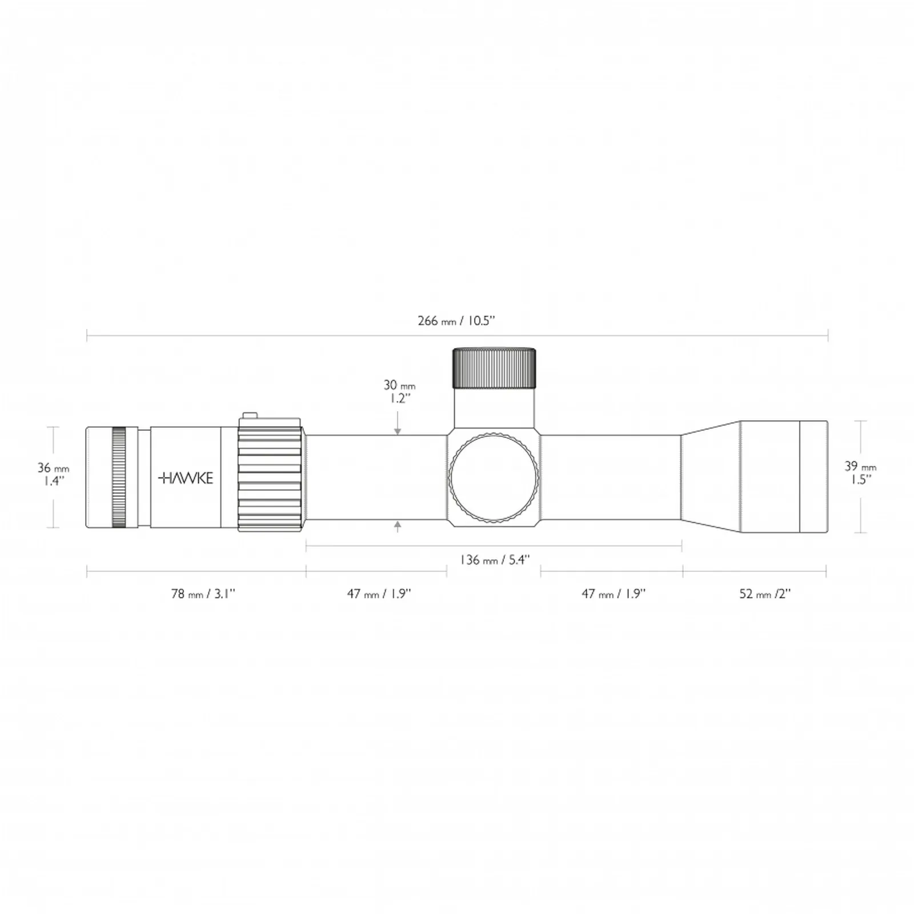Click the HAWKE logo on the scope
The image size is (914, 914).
coord(186,478)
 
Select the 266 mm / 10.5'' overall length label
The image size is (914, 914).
coord(456,320)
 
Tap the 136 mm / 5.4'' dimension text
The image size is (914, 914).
coord(495,559)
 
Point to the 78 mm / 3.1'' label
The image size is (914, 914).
coord(203,594)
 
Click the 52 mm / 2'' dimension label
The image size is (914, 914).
coord(765,594)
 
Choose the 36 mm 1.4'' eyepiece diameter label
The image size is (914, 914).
coord(53,474)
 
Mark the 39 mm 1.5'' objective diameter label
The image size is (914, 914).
coord(860,472)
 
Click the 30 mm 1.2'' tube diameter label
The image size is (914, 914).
coord(399,391)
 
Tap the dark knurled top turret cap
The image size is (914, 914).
coord(494,368)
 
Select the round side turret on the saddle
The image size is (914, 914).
coord(494,478)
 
